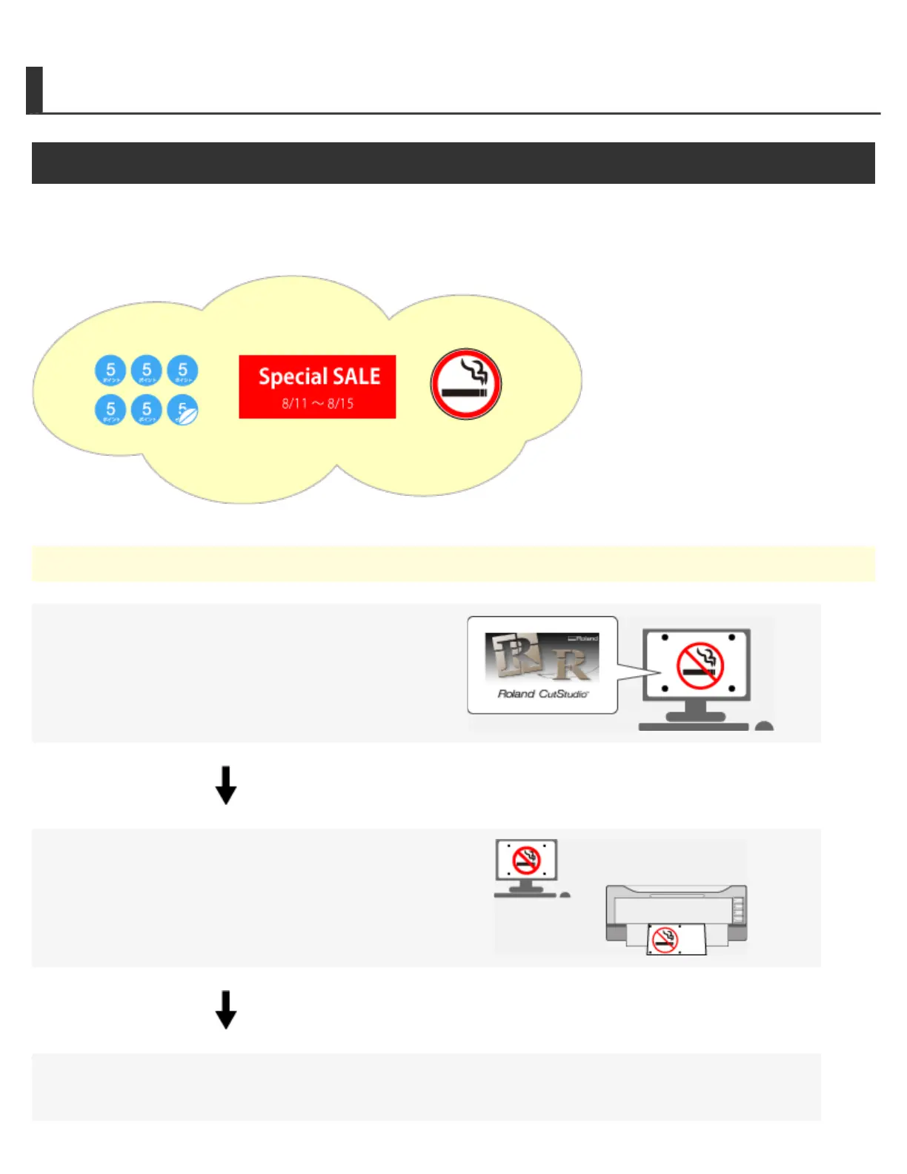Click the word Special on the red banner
[x=292, y=377]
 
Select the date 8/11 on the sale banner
[x=294, y=404]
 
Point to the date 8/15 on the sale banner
[x=341, y=404]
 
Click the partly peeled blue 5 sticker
[x=183, y=410]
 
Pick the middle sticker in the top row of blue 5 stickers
[x=147, y=371]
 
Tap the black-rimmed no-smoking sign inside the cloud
[x=466, y=385]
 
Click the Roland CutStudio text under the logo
[x=542, y=694]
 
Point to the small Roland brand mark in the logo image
[x=583, y=638]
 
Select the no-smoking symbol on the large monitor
[x=700, y=666]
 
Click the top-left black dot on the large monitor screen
[x=665, y=637]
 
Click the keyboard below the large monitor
[x=693, y=727]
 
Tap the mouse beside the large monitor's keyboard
[x=764, y=726]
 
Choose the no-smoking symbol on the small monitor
[x=527, y=860]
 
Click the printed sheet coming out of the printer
[x=676, y=940]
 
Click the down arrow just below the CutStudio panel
[x=226, y=786]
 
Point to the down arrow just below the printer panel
[x=226, y=1009]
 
